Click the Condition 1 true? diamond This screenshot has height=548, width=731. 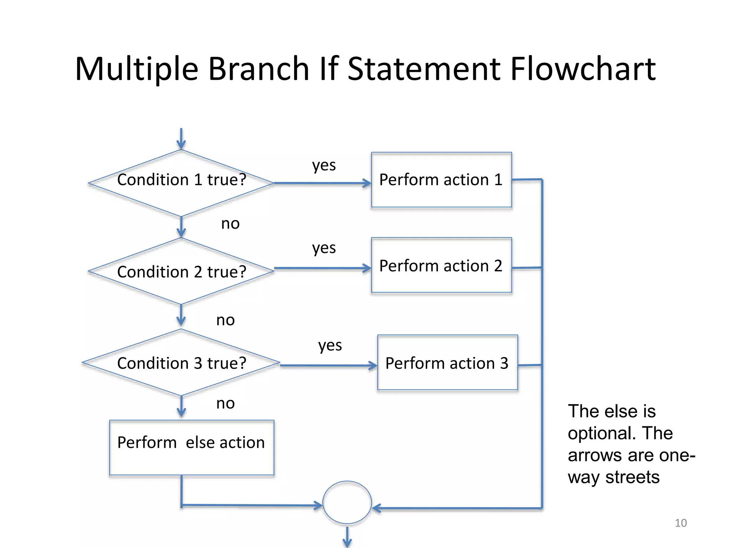pos(181,183)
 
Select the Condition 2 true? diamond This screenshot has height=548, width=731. pos(181,271)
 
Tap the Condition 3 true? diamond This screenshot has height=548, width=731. pos(181,362)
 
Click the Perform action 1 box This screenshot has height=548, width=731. pos(441,180)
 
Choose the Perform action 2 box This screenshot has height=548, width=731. pos(441,265)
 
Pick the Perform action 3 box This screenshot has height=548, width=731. pos(447,362)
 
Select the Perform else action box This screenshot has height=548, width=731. pos(191,447)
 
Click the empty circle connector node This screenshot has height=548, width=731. pos(347,502)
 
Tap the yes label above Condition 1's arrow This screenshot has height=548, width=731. pos(324,165)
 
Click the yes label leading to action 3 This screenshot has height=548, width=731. pos(330,345)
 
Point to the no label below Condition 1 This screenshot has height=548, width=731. pos(230,224)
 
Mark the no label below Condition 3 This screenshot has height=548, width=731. pos(225,404)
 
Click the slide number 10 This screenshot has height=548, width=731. pos(681,523)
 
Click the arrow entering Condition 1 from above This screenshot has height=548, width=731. pos(181,139)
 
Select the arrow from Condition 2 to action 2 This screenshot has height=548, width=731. pos(322,268)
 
